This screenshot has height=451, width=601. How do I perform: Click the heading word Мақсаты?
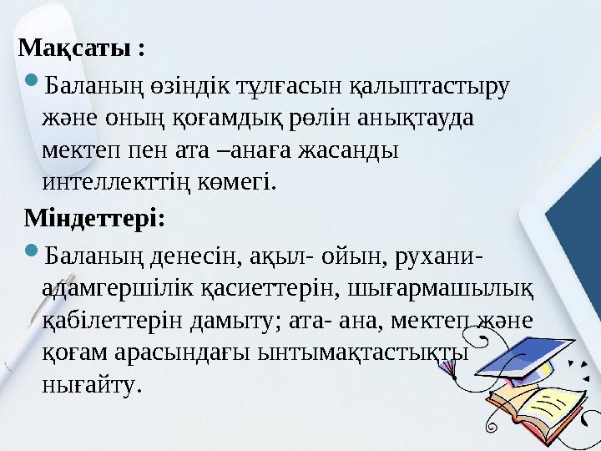tap(73, 47)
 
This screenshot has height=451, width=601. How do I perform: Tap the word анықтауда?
tap(415, 118)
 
